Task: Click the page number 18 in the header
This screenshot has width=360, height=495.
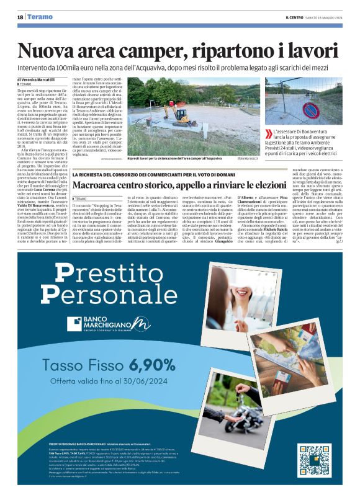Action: tap(20, 17)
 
